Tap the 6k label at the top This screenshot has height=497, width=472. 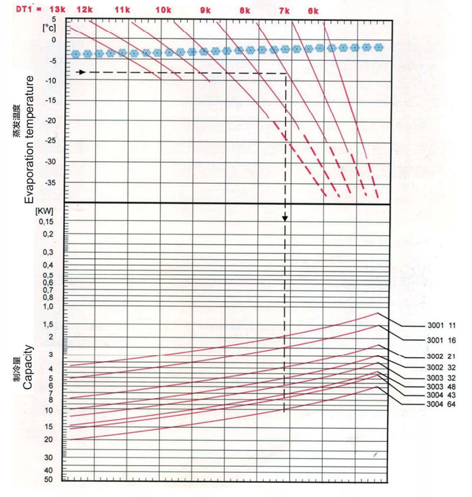[313, 11]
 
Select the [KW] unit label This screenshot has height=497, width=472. [45, 210]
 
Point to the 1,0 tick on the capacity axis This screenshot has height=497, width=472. [47, 306]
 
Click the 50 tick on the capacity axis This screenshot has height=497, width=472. [48, 479]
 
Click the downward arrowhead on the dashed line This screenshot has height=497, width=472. [285, 218]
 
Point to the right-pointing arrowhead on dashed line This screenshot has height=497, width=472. [82, 72]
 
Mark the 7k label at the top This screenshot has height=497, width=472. [285, 11]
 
